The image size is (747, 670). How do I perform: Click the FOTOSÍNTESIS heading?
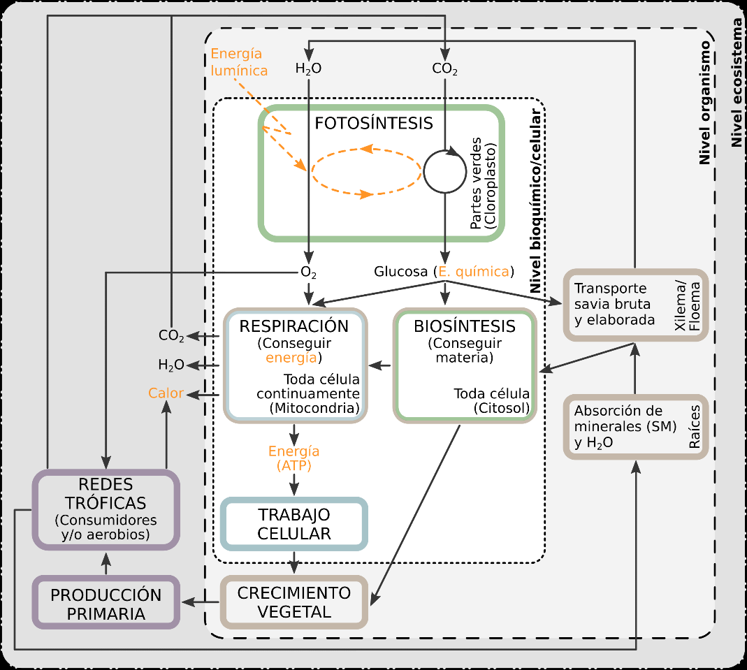(373, 124)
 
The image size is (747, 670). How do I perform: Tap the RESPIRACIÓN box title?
(293, 326)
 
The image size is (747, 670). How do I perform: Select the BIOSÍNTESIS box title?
(465, 326)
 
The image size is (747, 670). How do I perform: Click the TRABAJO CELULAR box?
(293, 524)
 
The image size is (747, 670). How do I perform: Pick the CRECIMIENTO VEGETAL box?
(293, 602)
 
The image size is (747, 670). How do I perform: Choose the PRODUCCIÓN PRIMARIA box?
(106, 604)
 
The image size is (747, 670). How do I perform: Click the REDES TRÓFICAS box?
(106, 509)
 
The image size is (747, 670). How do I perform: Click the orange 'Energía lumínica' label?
(239, 62)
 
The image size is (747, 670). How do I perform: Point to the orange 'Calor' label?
(166, 393)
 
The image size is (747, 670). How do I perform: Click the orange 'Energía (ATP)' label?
(293, 458)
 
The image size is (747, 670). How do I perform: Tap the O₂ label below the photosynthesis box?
(308, 272)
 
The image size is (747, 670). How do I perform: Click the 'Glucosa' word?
(400, 272)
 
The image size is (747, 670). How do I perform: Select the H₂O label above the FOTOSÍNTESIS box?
(308, 69)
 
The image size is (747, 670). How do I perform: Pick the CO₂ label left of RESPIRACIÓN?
(171, 336)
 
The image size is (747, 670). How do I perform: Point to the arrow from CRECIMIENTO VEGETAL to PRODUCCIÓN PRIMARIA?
(201, 602)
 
